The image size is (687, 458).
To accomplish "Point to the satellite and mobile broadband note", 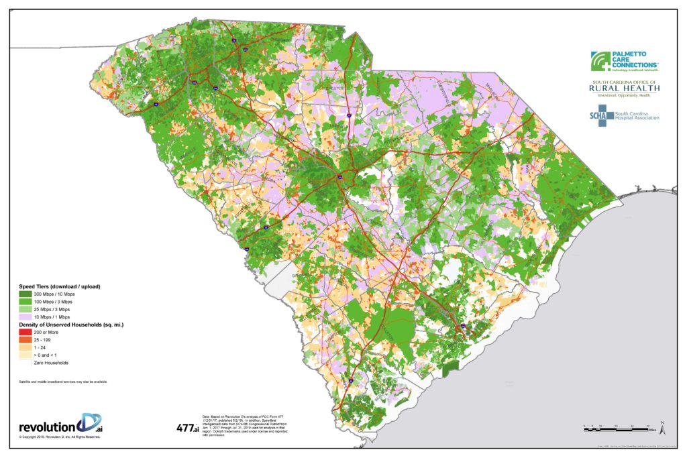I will (64, 382).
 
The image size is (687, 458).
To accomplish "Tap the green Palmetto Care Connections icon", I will (601, 61).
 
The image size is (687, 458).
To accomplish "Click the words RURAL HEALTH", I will (624, 88).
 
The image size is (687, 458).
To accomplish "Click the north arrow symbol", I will (662, 425).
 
